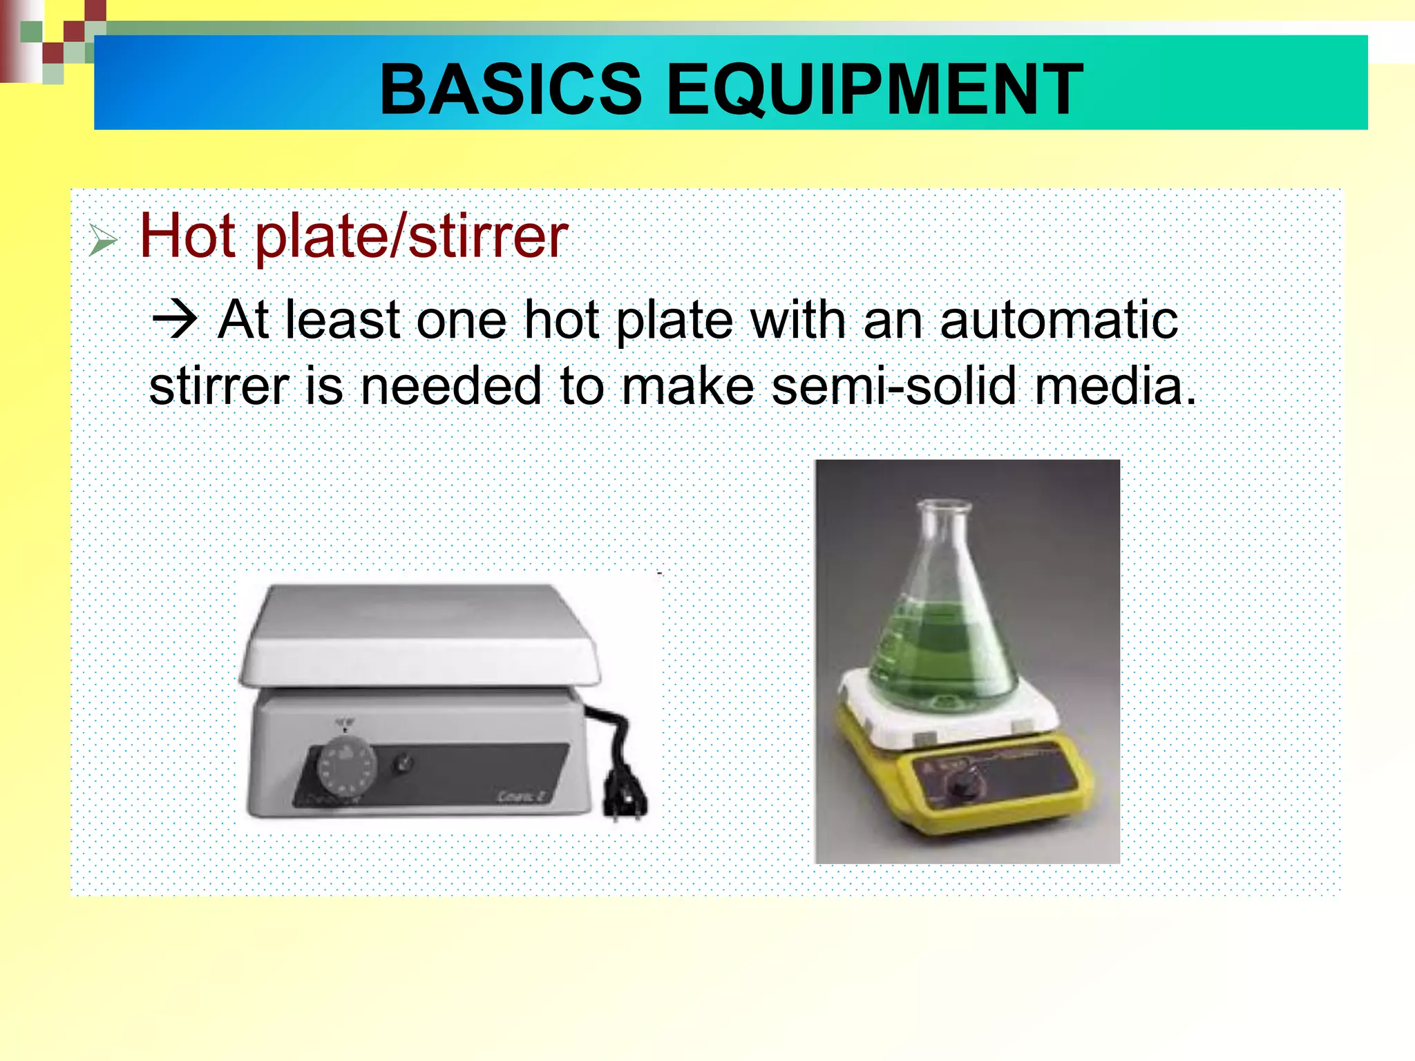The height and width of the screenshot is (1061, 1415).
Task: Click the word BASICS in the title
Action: point(511,89)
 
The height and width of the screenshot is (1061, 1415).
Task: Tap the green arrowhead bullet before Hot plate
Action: point(104,241)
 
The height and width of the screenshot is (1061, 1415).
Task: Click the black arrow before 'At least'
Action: point(174,321)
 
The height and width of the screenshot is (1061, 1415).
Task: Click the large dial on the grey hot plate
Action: point(347,767)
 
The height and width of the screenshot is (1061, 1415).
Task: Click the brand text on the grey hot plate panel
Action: point(520,796)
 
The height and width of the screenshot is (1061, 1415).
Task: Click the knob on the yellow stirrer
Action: point(960,787)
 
